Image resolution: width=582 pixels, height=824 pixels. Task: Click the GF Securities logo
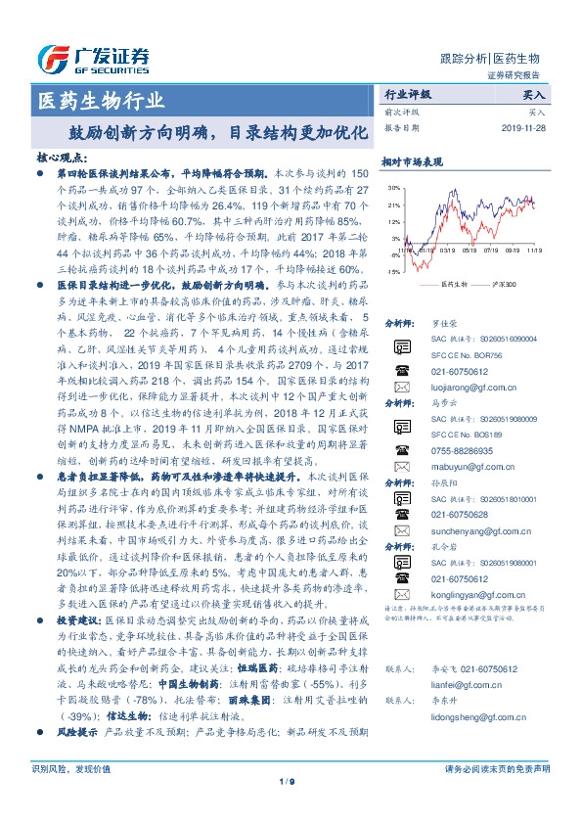point(93,56)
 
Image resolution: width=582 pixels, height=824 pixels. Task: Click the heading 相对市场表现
point(412,161)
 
